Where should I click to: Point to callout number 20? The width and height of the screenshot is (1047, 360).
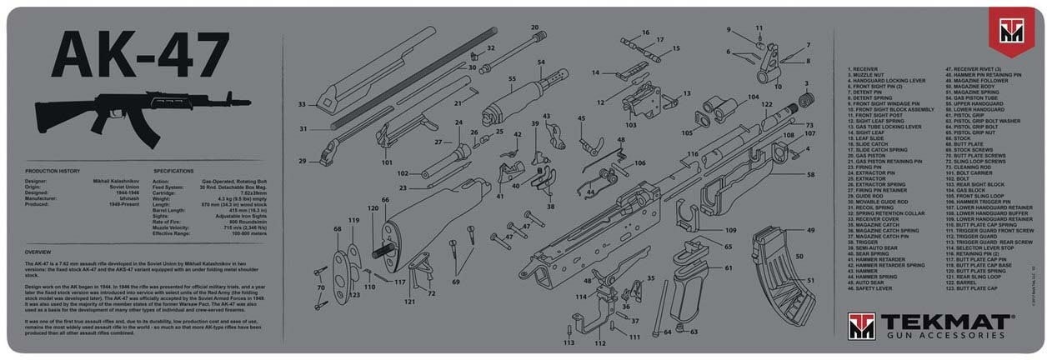point(534,27)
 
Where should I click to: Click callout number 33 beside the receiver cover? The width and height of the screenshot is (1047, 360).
point(302,104)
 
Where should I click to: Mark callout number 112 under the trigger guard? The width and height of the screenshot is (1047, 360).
point(599,342)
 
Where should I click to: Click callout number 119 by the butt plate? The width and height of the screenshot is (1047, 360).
point(353,220)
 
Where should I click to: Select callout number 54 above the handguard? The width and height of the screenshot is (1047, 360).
point(541,62)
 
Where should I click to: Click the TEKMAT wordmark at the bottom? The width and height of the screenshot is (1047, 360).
point(943,320)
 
